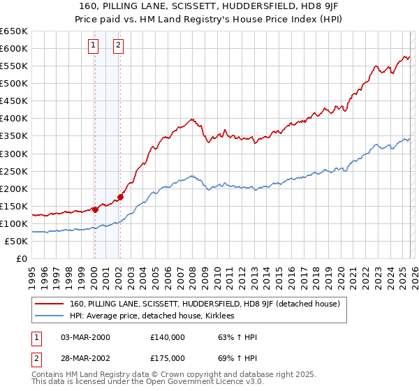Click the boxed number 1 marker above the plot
pyautogui.click(x=94, y=46)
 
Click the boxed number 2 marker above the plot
pyautogui.click(x=119, y=46)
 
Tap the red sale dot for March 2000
pyautogui.click(x=95, y=209)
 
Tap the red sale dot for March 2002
pyautogui.click(x=120, y=197)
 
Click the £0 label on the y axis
pyautogui.click(x=22, y=258)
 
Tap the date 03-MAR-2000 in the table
pyautogui.click(x=85, y=337)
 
